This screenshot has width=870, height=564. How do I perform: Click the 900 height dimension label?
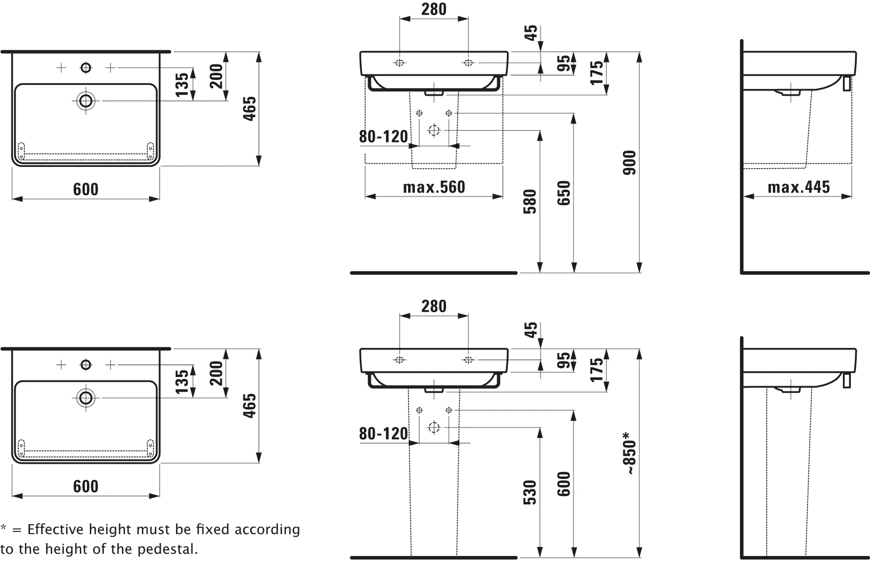630,163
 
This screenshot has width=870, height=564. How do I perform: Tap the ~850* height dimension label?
630,454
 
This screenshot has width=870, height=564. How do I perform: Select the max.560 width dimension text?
434,187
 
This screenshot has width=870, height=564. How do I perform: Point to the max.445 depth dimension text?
799,187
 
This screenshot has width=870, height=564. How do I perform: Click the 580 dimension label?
530,201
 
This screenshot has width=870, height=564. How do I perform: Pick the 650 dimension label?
564,193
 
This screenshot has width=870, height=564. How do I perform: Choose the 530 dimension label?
530,492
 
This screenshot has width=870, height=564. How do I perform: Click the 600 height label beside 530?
564,484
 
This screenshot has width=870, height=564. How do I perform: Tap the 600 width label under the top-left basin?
86,189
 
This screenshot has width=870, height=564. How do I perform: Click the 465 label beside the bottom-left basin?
250,406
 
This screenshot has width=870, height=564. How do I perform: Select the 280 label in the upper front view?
434,9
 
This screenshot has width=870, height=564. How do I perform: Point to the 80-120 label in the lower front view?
384,434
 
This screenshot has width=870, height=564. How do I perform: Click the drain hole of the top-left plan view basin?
86,101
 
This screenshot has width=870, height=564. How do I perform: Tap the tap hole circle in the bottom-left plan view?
86,364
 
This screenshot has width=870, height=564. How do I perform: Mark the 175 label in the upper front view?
597,73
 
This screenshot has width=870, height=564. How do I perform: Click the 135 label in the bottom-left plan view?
182,381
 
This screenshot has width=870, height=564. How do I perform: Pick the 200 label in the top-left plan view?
216,76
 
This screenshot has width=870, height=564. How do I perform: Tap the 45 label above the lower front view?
531,330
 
